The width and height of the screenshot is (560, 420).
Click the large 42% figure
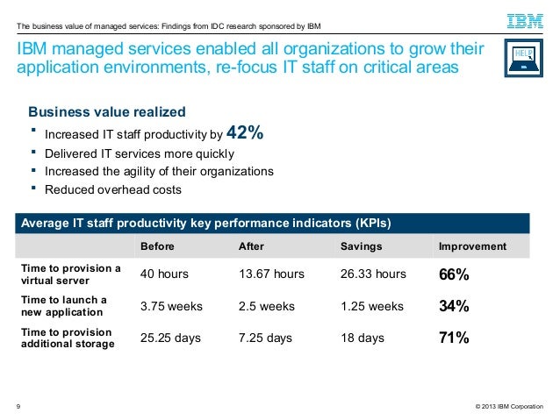click(x=245, y=133)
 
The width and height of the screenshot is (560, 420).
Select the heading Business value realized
click(x=107, y=112)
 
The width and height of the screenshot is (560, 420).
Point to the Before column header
click(x=158, y=246)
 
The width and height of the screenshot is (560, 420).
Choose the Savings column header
click(x=360, y=246)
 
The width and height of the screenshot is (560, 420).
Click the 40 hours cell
click(x=164, y=274)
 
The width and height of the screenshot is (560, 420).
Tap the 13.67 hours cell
click(x=271, y=274)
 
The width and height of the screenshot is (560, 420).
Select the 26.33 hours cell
click(x=372, y=274)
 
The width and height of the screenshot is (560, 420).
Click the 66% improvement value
click(x=454, y=275)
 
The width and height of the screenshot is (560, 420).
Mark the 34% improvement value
click(x=454, y=307)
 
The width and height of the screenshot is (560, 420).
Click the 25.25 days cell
click(x=171, y=338)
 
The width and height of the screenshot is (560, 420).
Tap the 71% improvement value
click(x=454, y=338)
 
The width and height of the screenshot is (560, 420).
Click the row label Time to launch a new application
click(x=64, y=306)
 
